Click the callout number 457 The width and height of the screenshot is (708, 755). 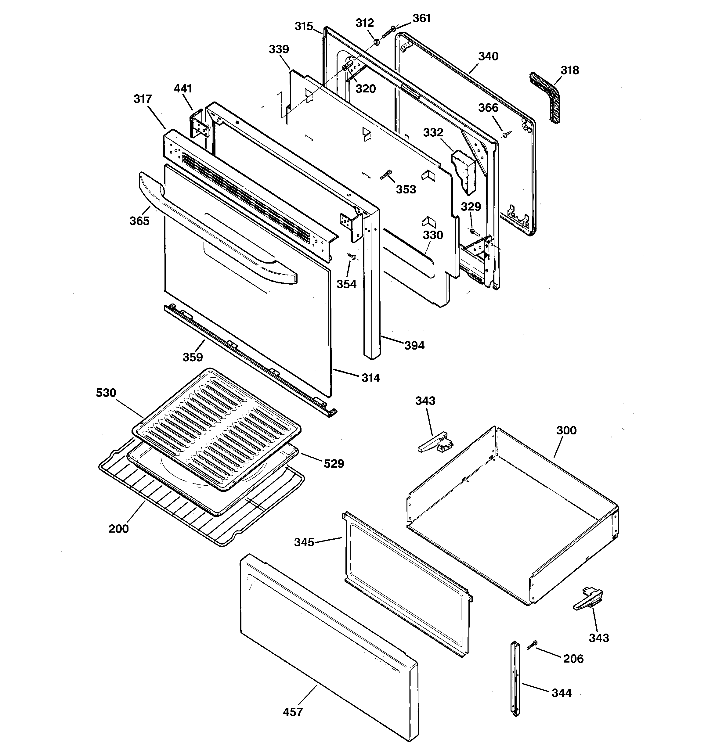(x=293, y=712)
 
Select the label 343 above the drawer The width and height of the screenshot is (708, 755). (x=425, y=401)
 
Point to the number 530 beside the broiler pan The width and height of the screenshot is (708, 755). (x=106, y=392)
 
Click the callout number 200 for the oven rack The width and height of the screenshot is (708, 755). (x=119, y=529)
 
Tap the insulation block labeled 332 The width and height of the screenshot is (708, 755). (x=464, y=170)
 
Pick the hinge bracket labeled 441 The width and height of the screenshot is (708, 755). (x=199, y=125)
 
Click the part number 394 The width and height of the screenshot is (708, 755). (x=414, y=345)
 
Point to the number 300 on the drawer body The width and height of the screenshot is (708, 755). (x=566, y=430)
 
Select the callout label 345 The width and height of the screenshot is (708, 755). (x=304, y=542)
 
